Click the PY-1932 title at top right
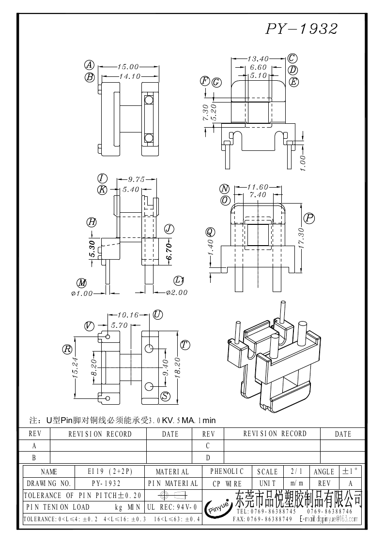[301, 29]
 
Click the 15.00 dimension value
[127, 67]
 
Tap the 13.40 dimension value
[258, 59]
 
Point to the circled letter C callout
[292, 59]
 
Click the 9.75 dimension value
[137, 179]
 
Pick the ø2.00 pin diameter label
[176, 292]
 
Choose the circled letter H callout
[92, 222]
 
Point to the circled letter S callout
[165, 396]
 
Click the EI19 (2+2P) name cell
[110, 471]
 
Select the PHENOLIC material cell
[227, 471]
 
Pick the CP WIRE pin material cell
[227, 483]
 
